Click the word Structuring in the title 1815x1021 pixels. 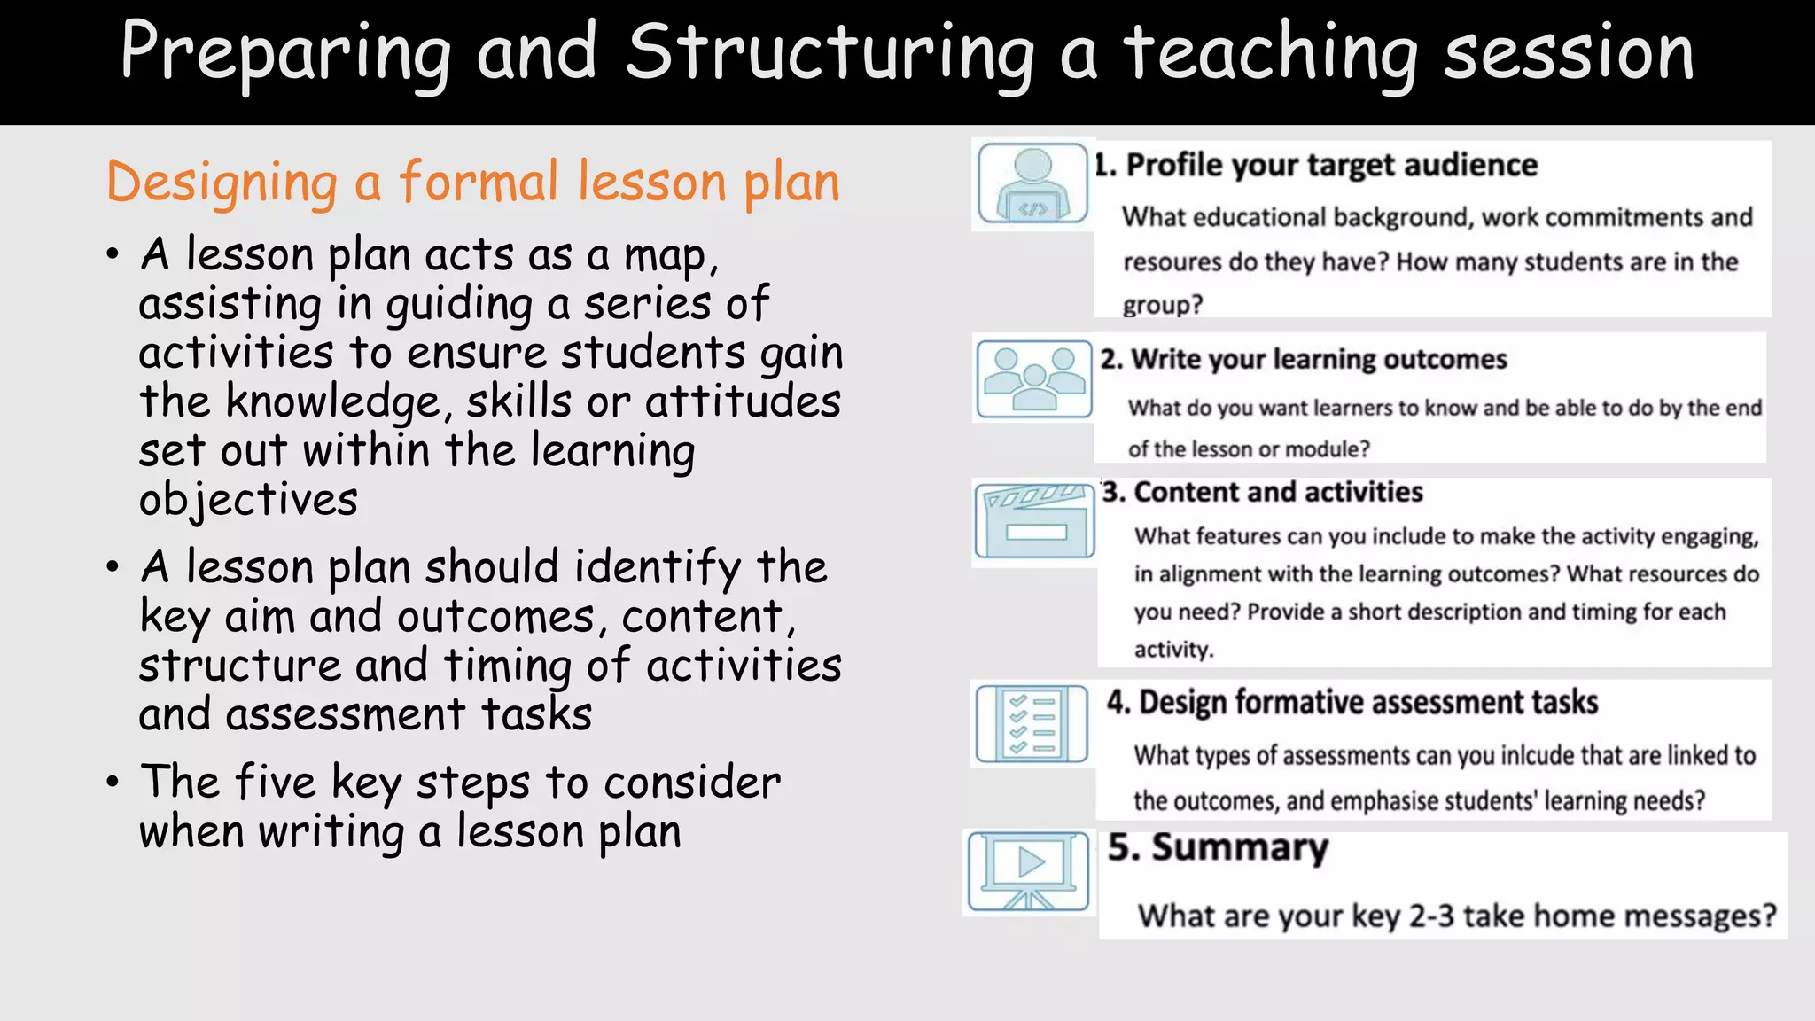click(x=830, y=53)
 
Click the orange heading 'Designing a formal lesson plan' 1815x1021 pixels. click(x=472, y=183)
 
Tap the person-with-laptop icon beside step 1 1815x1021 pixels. click(x=1032, y=184)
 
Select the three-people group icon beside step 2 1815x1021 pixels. click(x=1033, y=379)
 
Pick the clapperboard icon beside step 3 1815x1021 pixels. click(x=1034, y=521)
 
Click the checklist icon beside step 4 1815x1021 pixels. click(x=1032, y=723)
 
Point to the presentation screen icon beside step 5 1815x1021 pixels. click(x=1029, y=871)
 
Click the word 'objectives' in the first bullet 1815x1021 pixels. click(x=248, y=501)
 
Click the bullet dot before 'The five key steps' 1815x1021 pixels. click(x=113, y=783)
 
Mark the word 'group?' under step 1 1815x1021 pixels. click(x=1162, y=306)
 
